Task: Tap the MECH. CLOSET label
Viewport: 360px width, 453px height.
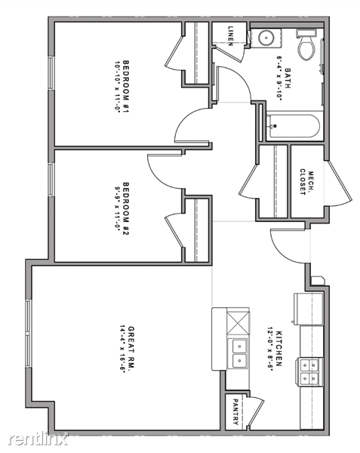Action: [x=307, y=182]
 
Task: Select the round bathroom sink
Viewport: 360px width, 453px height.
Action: [x=266, y=37]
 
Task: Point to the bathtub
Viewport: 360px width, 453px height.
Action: [x=294, y=125]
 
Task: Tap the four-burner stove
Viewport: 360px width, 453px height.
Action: [x=309, y=371]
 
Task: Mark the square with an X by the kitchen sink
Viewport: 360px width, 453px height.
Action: [x=238, y=322]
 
